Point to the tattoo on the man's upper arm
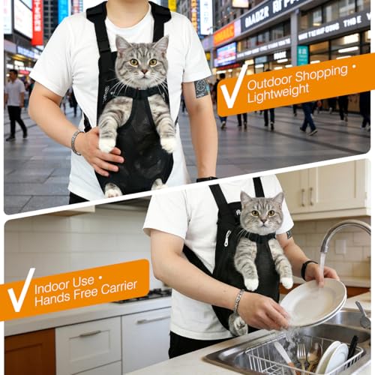point(201,88)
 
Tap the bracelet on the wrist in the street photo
point(75,141)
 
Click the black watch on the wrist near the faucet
point(306,268)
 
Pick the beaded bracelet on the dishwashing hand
point(238,301)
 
